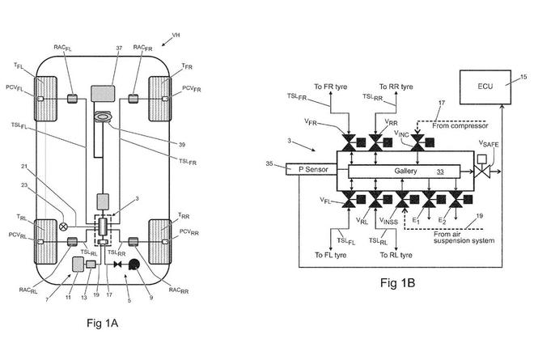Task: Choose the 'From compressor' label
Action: click(460, 125)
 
